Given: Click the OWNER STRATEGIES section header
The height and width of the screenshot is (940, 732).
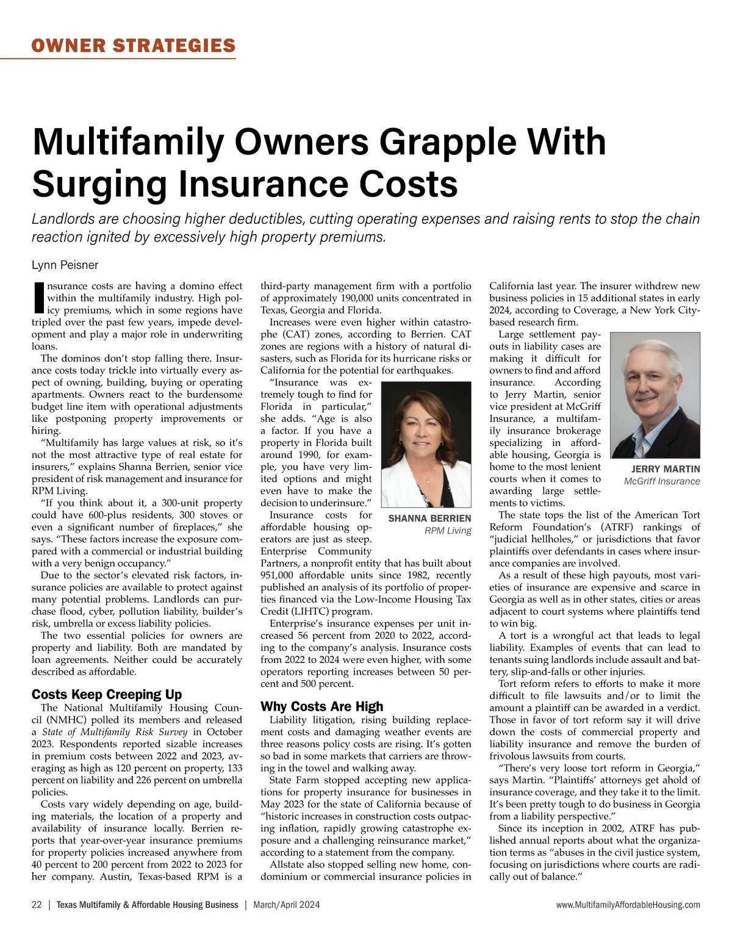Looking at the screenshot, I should [x=134, y=45].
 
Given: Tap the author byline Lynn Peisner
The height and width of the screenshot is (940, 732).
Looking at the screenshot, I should [x=65, y=265].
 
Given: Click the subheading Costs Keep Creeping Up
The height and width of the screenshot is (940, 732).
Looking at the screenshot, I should [x=107, y=694].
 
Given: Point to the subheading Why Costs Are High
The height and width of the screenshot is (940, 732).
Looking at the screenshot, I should [x=322, y=706].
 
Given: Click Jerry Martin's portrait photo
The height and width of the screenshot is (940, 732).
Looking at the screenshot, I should [x=655, y=395].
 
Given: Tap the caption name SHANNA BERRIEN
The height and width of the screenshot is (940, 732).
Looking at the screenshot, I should [x=429, y=518].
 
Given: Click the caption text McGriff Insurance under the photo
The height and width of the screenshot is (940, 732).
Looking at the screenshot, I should [x=662, y=481].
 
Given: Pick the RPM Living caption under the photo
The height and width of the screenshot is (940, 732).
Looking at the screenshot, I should [x=448, y=531].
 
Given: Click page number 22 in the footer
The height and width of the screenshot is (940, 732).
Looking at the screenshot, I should [x=37, y=905].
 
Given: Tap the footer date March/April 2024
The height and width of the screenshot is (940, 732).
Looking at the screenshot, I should [x=287, y=905].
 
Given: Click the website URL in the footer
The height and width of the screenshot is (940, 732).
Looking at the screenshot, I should [x=628, y=905].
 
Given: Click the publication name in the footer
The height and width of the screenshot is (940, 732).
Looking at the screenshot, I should [x=147, y=905].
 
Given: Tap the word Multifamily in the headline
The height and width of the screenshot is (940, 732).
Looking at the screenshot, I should [x=128, y=142].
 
